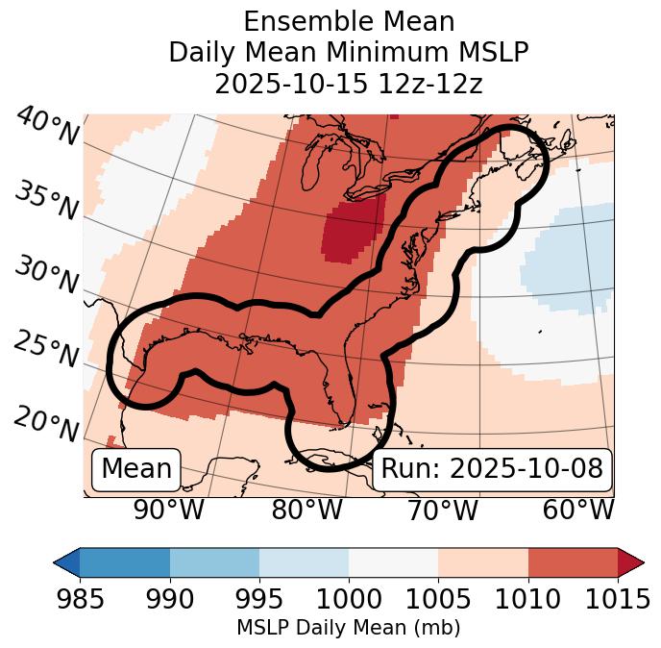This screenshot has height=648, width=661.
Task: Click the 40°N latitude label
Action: click(46, 127)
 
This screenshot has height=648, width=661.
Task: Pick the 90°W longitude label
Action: click(168, 511)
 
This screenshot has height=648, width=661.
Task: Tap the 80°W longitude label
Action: click(306, 511)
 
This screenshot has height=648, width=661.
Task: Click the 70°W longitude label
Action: click(442, 511)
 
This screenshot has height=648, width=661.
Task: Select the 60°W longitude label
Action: click(578, 511)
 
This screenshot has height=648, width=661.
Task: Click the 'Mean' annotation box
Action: click(136, 469)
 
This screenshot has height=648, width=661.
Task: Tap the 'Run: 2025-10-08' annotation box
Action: click(492, 469)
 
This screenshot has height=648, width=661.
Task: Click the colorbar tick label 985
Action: click(80, 600)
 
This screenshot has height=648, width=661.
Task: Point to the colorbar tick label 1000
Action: click(349, 600)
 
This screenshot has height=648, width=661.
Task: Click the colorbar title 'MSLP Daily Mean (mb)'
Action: click(349, 629)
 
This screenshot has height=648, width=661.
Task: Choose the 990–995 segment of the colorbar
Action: click(214, 561)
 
